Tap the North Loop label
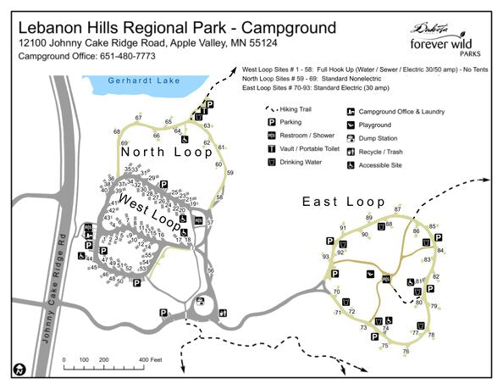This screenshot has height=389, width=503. pos(165,153)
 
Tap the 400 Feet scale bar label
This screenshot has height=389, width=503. pos(150,361)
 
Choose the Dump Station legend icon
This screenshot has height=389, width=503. pos(351,138)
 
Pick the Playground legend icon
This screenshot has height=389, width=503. pos(351,125)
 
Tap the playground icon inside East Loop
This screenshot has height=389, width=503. pos(370,274)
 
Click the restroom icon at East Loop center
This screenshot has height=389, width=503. pos(386,279)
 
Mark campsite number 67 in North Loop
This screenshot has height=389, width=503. pos(138,117)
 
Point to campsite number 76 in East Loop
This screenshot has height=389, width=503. pos(406,351)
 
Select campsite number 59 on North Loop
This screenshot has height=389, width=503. pos(229,173)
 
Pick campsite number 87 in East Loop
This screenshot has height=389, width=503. pos(397,208)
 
